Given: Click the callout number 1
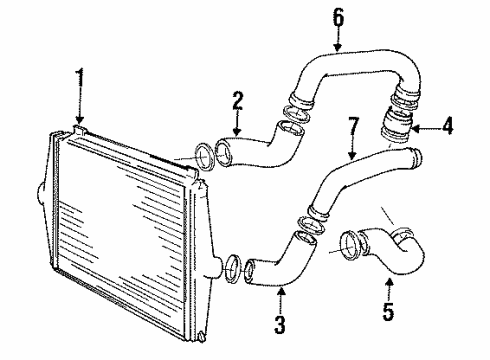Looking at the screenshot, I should point(78,76).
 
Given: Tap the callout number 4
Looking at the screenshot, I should point(446,127).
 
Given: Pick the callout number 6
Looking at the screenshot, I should point(337,17).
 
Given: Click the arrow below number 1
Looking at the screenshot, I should point(78,108).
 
